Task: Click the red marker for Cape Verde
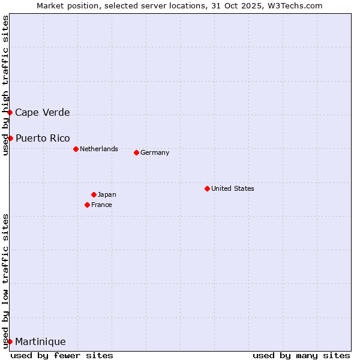[10, 112]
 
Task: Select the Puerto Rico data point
[10, 138]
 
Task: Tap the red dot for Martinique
[10, 341]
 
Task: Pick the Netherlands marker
[76, 149]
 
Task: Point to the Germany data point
[136, 152]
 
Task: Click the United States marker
[207, 188]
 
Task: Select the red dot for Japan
[94, 194]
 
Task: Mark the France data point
[87, 205]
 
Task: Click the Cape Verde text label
[42, 112]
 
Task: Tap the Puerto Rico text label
[43, 138]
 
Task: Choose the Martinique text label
[40, 341]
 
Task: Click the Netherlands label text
[99, 149]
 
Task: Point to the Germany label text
[155, 152]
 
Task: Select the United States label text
[233, 188]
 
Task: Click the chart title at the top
[179, 5]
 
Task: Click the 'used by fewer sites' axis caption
[62, 355]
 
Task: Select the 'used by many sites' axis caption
[301, 355]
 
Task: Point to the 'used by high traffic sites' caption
[5, 86]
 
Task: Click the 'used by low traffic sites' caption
[5, 281]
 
